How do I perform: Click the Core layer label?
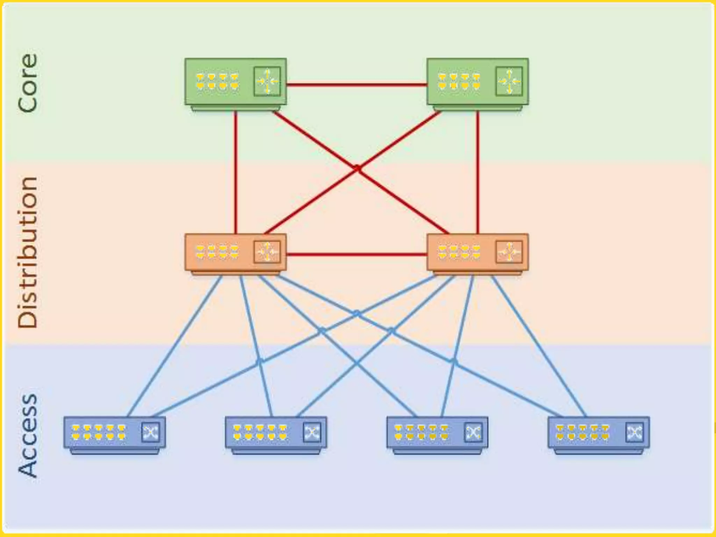click(x=28, y=83)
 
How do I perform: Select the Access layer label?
click(x=28, y=436)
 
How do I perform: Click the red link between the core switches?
click(x=357, y=84)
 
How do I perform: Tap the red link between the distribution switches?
click(x=357, y=254)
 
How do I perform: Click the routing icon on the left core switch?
click(x=267, y=81)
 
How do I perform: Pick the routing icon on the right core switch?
click(x=509, y=81)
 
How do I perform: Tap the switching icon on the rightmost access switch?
click(x=634, y=432)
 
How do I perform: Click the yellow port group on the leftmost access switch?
click(x=99, y=432)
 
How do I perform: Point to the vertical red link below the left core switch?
click(x=236, y=171)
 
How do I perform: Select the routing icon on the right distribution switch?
click(x=509, y=252)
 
